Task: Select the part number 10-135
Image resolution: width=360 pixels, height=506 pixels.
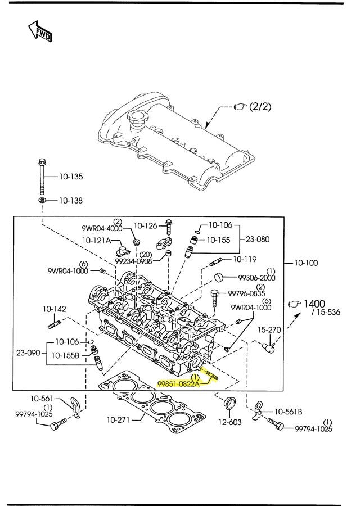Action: coord(71,177)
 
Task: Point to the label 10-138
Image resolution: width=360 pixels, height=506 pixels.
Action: coord(71,200)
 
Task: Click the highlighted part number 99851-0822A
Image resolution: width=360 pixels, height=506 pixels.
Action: coord(178,383)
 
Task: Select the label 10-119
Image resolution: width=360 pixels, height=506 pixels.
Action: coord(245,259)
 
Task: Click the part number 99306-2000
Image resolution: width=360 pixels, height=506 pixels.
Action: coord(256,278)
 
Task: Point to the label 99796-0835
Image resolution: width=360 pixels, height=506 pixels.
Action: coord(246,293)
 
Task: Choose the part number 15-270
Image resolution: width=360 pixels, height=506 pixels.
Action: coord(269,329)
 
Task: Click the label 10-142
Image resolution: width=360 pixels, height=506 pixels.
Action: coord(55,309)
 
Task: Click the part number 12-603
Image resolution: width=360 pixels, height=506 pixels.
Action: coord(229,421)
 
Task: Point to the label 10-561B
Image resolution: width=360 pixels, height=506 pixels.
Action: coord(287,412)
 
